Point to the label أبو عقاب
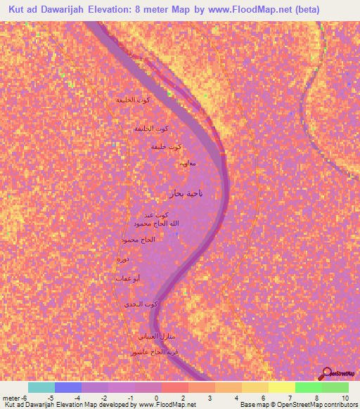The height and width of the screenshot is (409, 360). [127, 279]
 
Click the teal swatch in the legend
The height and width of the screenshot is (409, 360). [41, 387]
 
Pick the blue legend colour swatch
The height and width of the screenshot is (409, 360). [68, 387]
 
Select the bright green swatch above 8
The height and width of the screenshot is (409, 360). [308, 387]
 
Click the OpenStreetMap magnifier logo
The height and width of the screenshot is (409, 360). [326, 374]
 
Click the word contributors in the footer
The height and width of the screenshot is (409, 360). [340, 405]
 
